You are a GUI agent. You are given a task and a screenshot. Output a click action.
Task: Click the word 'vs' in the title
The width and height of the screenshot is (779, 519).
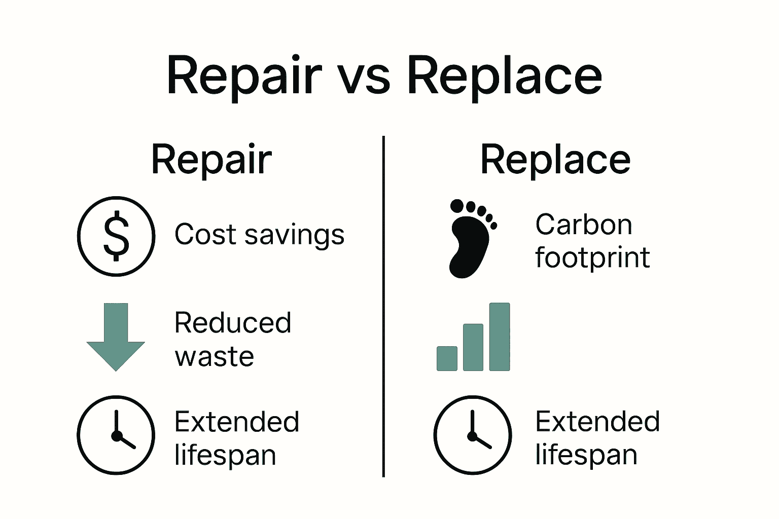[x=364, y=77]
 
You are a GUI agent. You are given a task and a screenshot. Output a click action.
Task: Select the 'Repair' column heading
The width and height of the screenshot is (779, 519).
[x=211, y=160]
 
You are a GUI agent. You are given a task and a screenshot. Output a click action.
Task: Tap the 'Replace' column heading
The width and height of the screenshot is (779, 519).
[x=555, y=160]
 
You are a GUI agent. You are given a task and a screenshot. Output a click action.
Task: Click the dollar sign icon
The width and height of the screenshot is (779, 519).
[x=116, y=236]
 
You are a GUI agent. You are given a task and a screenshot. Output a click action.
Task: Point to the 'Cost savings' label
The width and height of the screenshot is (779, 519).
[x=259, y=235]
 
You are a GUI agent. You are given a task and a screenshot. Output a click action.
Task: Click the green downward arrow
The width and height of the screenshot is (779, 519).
[x=116, y=337]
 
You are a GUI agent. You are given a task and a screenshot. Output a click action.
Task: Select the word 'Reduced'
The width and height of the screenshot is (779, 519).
[x=233, y=323]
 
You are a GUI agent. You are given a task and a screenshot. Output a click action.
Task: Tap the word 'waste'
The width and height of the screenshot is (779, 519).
[x=214, y=356]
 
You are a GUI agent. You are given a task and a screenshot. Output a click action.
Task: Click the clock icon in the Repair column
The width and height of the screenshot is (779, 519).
[x=116, y=435]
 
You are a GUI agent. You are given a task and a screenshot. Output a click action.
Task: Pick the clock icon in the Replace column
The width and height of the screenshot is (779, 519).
[x=473, y=435]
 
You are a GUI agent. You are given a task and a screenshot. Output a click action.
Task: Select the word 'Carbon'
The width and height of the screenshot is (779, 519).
[x=584, y=225]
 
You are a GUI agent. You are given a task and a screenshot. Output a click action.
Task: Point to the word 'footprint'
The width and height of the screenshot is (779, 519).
[x=592, y=257]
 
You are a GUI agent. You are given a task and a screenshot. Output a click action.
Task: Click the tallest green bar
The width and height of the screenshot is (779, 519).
[x=500, y=337]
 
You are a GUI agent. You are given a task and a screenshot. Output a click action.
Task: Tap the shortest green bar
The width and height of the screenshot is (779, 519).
[x=447, y=358]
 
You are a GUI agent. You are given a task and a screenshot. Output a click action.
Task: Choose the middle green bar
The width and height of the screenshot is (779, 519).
[x=473, y=347]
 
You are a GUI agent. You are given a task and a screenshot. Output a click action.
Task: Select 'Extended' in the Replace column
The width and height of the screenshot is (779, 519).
[x=597, y=422]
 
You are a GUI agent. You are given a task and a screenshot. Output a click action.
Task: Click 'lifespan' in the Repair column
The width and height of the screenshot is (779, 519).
[x=225, y=455]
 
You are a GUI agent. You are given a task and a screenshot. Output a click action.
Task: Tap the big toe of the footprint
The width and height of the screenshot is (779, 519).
[x=457, y=206]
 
